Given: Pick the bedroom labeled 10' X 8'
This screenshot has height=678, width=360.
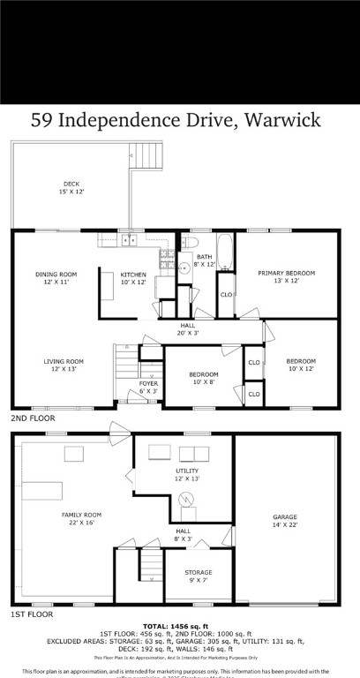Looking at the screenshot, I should pyautogui.click(x=203, y=378).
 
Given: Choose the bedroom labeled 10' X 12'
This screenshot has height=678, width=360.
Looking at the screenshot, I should pyautogui.click(x=300, y=365).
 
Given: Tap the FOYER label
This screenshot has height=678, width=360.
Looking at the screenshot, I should pyautogui.click(x=149, y=387).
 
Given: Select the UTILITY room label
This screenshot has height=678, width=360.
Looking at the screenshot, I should pyautogui.click(x=187, y=475).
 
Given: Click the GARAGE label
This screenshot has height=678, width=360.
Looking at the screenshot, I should pyautogui.click(x=284, y=521).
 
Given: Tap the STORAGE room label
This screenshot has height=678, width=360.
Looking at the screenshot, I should pyautogui.click(x=198, y=576).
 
